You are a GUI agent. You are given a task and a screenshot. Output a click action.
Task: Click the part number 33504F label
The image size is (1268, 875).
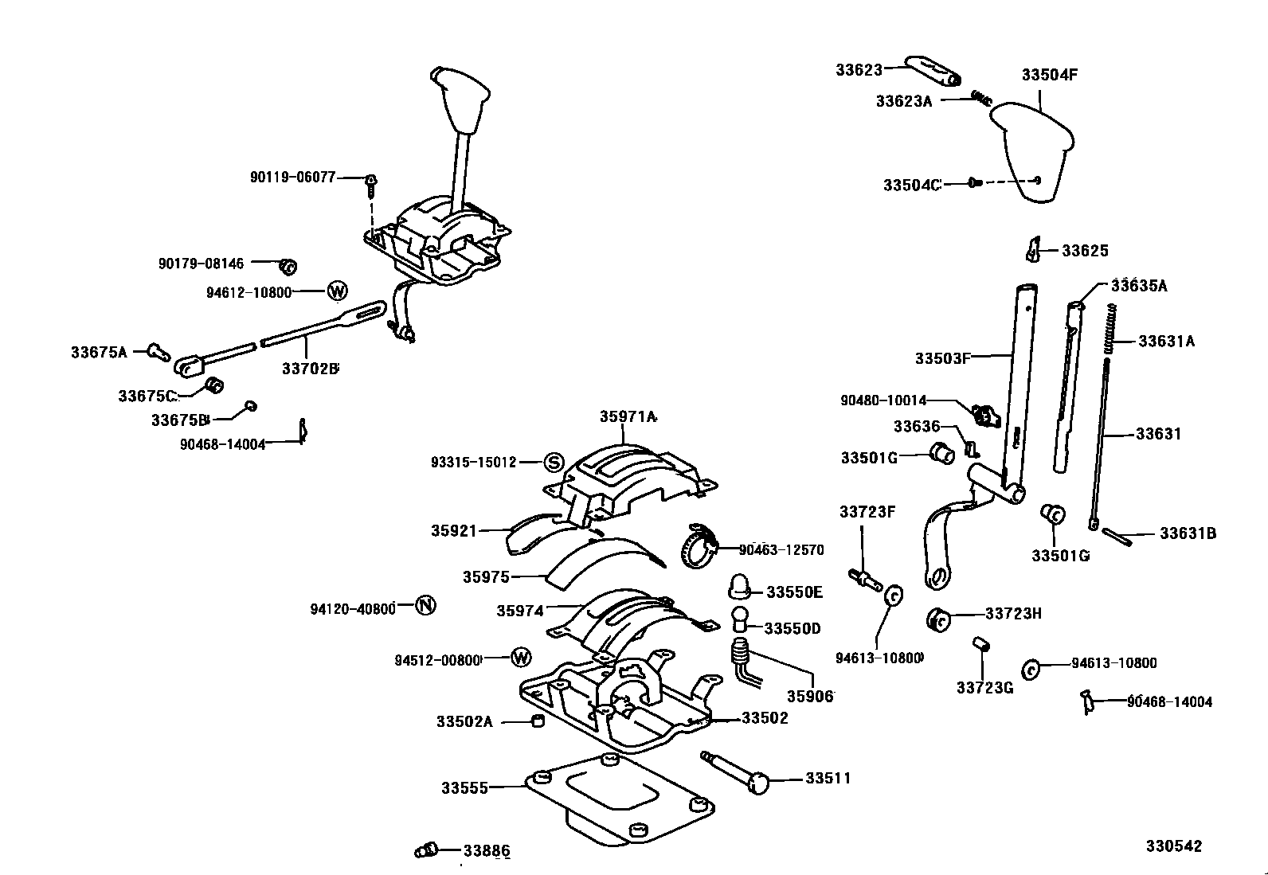[1049, 75]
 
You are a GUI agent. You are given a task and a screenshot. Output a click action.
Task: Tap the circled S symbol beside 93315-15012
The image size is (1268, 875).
[554, 463]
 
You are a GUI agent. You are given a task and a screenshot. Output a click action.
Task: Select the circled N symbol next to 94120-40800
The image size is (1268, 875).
[426, 606]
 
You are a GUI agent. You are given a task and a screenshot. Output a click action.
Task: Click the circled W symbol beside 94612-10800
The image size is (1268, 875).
[338, 291]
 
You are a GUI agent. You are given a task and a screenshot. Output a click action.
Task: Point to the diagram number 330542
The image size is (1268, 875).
[1174, 846]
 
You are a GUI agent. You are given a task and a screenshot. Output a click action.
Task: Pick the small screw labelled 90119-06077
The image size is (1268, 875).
[370, 186]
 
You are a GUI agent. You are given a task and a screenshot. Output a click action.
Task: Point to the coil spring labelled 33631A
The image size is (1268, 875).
[1109, 330]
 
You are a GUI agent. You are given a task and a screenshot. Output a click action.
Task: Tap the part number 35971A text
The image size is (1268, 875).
[628, 416]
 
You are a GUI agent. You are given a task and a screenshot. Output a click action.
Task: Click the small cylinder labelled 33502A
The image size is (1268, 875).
[538, 721]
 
